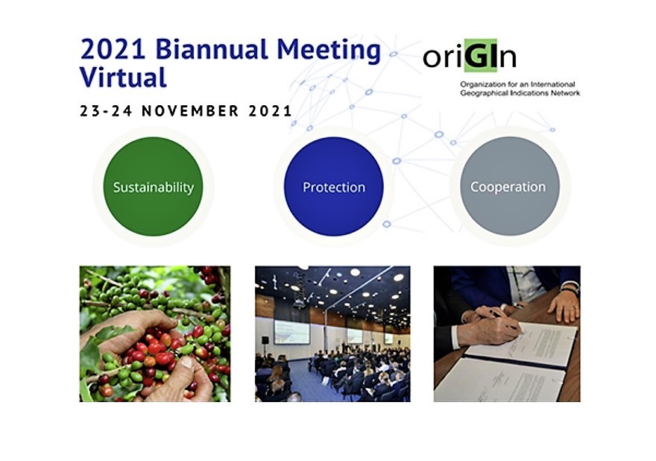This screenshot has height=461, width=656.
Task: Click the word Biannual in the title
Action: pos(212,50)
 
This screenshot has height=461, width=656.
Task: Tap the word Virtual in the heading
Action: pos(123,78)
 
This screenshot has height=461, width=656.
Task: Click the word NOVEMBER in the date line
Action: pos(190,111)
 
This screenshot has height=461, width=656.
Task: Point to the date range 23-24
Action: pos(107,111)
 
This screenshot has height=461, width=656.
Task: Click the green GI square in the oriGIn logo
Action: pos(481,54)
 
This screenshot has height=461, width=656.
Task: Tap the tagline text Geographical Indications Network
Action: pos(520,93)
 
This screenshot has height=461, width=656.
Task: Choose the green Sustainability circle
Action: pos(153,186)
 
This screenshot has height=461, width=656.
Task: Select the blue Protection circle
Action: pos(334,186)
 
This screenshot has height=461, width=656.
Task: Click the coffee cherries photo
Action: pos(155,333)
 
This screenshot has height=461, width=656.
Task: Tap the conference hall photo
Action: pos(332,333)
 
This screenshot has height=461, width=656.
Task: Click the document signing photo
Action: pos(507,333)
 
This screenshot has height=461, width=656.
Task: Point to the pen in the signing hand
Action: pos(507,322)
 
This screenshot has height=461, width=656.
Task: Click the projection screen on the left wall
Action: pos(292,332)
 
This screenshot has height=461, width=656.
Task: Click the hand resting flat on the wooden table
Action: pos(564,306)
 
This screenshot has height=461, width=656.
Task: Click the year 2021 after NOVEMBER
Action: pos(270,111)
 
